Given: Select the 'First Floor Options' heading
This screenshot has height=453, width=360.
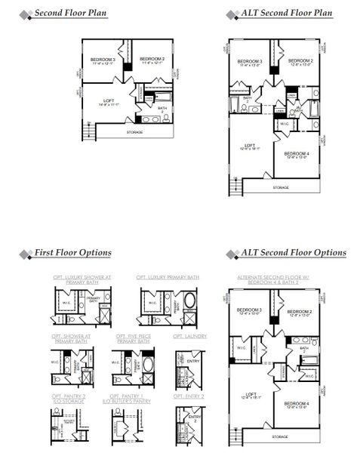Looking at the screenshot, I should [x=72, y=253].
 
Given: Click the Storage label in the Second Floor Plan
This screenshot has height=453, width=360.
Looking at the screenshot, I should [x=134, y=132].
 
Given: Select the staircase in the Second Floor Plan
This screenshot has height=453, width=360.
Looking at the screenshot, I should [x=88, y=130].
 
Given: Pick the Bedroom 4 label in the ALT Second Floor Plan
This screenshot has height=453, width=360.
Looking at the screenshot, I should [x=297, y=155].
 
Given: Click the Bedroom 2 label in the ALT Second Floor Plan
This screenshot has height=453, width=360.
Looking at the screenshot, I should [x=300, y=62].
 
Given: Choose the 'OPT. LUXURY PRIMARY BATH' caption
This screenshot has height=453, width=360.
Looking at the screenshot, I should [x=165, y=278].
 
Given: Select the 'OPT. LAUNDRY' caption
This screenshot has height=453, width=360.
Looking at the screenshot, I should [x=189, y=335].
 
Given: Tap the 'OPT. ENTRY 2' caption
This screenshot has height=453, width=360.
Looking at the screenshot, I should [x=189, y=395].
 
